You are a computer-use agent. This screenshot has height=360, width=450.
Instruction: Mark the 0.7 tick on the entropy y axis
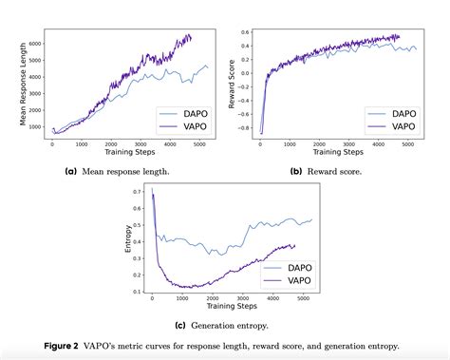[138, 191]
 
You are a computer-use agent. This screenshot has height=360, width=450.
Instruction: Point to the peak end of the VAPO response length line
[190, 36]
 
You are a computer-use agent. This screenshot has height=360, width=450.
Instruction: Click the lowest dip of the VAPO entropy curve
[181, 287]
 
